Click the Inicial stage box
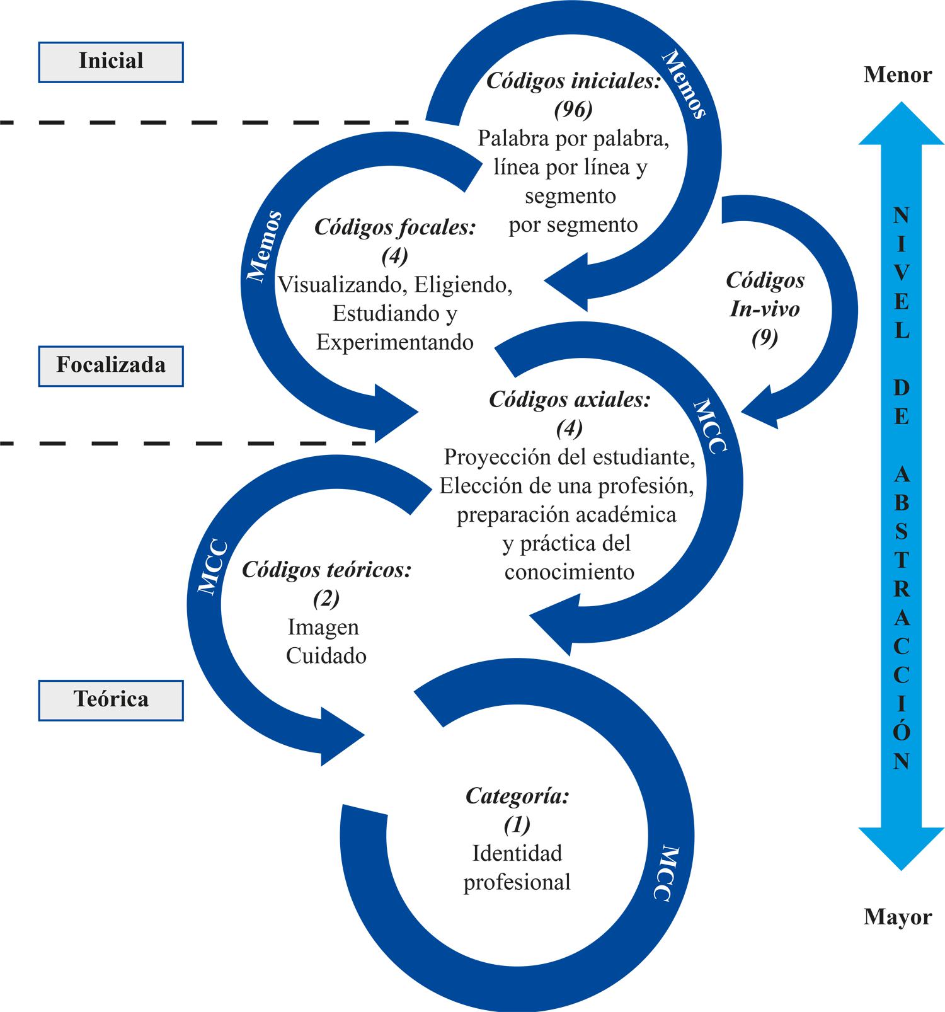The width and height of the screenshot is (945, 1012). [x=111, y=62]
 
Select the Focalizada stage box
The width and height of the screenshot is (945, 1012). [x=111, y=365]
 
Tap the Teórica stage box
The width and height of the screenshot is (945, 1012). [x=111, y=699]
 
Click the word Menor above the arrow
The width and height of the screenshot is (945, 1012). [x=898, y=75]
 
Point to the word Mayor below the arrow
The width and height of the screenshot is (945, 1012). [x=898, y=917]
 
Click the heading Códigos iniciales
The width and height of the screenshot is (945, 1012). [x=573, y=81]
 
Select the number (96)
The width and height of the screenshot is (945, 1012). [x=573, y=110]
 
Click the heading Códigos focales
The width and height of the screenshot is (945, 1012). [x=395, y=227]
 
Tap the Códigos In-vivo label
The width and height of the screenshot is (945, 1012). [x=765, y=294]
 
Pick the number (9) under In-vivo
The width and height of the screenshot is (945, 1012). [x=765, y=338]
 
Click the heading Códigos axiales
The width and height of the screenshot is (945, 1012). [x=570, y=400]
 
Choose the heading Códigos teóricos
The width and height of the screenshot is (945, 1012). [x=326, y=570]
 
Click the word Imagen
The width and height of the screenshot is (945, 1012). [x=323, y=627]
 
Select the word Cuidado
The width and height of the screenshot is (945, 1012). [x=326, y=656]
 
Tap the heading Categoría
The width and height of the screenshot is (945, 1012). [x=517, y=796]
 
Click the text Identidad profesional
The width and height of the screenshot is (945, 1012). [x=517, y=868]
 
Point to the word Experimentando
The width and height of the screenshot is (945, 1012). [x=395, y=342]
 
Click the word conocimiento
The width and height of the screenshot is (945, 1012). [x=570, y=572]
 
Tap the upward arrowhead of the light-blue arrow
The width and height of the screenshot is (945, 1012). [x=902, y=126]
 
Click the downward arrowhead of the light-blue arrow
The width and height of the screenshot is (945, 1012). [x=902, y=848]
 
